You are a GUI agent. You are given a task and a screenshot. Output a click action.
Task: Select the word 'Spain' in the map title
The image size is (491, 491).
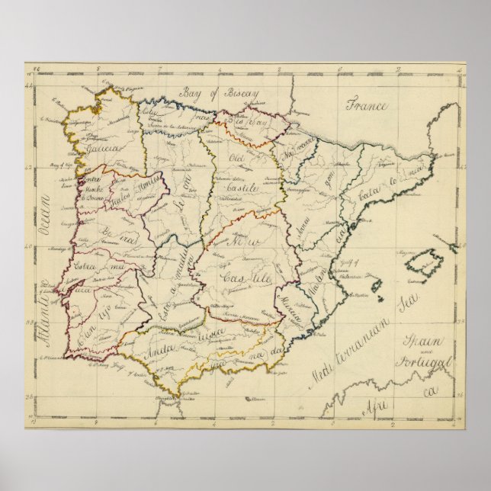click(x=422, y=335)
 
